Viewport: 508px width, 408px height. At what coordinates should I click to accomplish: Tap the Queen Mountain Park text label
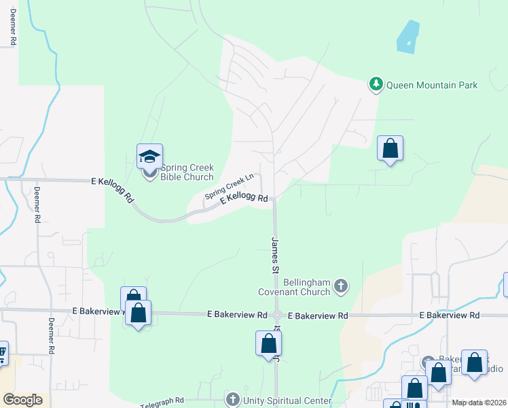[432, 85]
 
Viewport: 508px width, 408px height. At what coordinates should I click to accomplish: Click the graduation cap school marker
[149, 156]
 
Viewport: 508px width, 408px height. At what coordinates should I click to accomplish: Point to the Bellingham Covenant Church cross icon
[341, 287]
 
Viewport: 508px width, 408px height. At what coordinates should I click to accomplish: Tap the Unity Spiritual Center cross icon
[233, 398]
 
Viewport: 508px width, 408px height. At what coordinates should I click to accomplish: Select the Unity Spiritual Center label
[279, 398]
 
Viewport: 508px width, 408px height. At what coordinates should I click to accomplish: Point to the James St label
[276, 255]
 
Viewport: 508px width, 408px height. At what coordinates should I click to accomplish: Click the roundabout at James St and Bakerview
[277, 315]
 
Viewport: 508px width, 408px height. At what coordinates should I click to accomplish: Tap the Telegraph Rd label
[162, 403]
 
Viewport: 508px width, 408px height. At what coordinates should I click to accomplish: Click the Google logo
[22, 400]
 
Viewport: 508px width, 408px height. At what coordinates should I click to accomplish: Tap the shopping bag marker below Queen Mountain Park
[390, 148]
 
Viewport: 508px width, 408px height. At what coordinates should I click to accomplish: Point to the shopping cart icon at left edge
[2, 352]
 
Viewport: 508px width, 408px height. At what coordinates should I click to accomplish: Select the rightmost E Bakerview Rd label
[450, 315]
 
